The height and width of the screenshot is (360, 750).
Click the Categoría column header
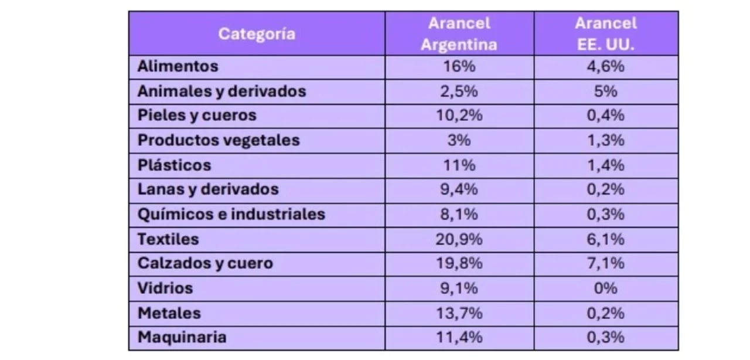click(257, 33)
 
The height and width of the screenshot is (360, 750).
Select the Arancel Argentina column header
click(459, 33)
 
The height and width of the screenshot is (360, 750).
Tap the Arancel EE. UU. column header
click(606, 33)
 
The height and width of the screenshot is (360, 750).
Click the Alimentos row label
click(178, 66)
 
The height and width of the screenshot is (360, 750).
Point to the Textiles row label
click(168, 239)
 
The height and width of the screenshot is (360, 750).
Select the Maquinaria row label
click(182, 337)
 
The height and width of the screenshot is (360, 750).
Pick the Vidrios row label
click(165, 288)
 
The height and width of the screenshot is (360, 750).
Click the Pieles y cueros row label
click(197, 116)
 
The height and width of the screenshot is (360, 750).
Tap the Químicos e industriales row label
click(231, 214)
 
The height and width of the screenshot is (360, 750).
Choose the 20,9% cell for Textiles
click(459, 239)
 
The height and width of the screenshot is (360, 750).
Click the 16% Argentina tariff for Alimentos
click(459, 66)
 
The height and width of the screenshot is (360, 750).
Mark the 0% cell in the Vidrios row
click(606, 288)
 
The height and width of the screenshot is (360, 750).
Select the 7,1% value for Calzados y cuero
click(606, 263)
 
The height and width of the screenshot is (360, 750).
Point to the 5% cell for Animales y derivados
click(606, 91)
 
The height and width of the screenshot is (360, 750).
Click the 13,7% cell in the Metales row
click(459, 313)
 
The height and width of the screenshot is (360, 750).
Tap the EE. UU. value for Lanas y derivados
click(606, 189)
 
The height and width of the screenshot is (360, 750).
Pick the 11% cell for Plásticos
click(459, 165)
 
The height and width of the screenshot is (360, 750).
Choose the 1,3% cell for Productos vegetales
click(606, 141)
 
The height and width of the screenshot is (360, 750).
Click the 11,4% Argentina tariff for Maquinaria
click(459, 337)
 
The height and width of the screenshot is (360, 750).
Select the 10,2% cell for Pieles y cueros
click(459, 116)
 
